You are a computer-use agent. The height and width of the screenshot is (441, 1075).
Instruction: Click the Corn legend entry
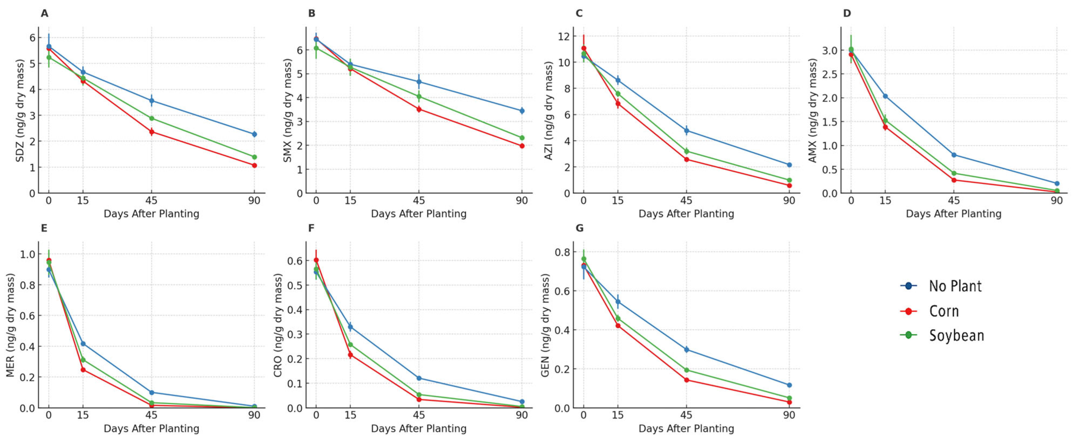pyautogui.click(x=944, y=311)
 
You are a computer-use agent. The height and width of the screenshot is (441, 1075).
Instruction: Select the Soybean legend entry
pyautogui.click(x=956, y=336)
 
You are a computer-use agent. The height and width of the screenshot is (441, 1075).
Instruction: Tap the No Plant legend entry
pyautogui.click(x=955, y=286)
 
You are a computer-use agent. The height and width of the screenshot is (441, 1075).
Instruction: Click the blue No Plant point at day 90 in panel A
pyautogui.click(x=254, y=134)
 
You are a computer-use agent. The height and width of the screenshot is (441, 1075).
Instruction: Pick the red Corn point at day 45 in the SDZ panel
pyautogui.click(x=151, y=132)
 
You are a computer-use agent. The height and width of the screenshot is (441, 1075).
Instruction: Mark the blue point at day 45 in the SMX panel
pyautogui.click(x=419, y=82)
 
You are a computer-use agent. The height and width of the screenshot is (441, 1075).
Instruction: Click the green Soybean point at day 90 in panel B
pyautogui.click(x=522, y=138)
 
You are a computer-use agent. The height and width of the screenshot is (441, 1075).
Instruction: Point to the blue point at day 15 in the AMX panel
pyautogui.click(x=885, y=96)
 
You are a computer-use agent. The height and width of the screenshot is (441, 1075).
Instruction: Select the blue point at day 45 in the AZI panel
pyautogui.click(x=686, y=131)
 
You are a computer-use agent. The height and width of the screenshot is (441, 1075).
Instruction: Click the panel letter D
pyautogui.click(x=847, y=13)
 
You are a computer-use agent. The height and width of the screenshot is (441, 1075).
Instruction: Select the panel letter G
pyautogui.click(x=579, y=228)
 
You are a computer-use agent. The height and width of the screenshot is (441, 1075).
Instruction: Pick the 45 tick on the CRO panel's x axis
pyautogui.click(x=419, y=415)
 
